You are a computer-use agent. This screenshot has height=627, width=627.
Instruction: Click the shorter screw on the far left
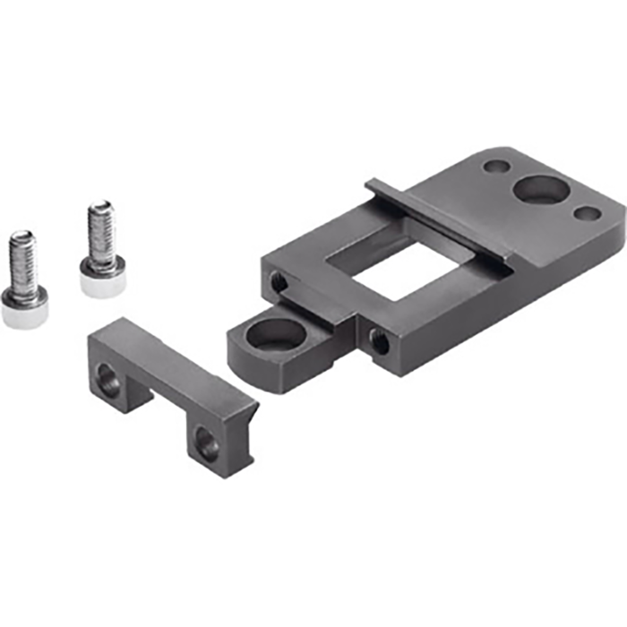pyautogui.click(x=23, y=282)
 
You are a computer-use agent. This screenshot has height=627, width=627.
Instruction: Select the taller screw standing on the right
pyautogui.click(x=101, y=251)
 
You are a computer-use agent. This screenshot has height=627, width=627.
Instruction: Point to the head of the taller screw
pyautogui.click(x=101, y=279)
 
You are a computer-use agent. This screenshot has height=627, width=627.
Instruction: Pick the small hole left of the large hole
pyautogui.click(x=494, y=167)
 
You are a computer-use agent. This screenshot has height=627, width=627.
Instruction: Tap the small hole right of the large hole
pyautogui.click(x=587, y=213)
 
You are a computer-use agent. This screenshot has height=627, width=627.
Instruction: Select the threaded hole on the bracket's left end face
pyautogui.click(x=279, y=283)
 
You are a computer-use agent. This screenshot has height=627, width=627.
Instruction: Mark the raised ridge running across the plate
pyautogui.click(x=439, y=224)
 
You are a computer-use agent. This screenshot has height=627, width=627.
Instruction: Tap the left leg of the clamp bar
pyautogui.click(x=112, y=376)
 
